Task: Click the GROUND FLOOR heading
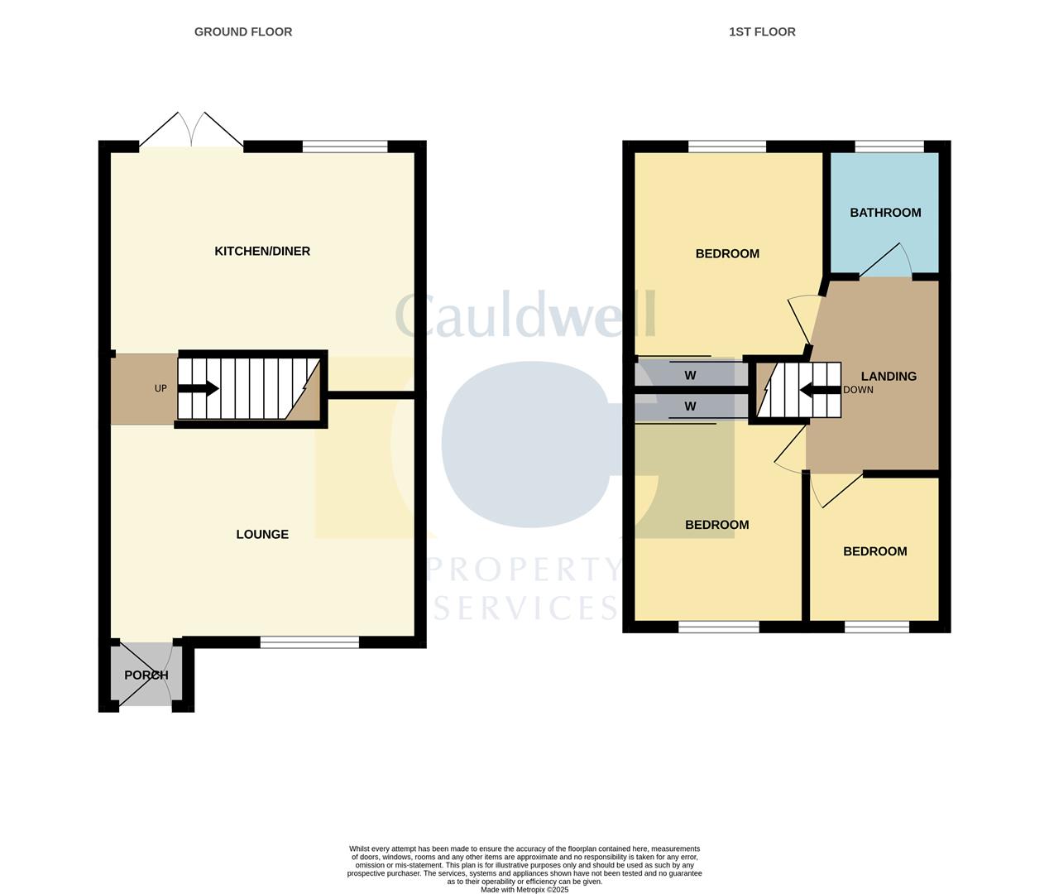(243, 31)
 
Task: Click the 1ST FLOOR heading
(762, 31)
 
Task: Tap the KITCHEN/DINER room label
(262, 251)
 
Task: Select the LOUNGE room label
(262, 534)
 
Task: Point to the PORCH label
(146, 675)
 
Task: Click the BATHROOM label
(885, 213)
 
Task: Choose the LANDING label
(889, 376)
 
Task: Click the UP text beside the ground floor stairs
(160, 388)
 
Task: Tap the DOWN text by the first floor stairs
(858, 390)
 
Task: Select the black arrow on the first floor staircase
(820, 390)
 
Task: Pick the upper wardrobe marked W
(690, 375)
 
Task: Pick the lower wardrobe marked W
(690, 406)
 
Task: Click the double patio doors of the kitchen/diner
(191, 132)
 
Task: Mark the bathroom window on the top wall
(889, 147)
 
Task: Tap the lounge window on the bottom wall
(309, 642)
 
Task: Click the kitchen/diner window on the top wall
(345, 147)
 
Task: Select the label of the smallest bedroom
(874, 551)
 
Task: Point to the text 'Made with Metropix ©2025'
(524, 890)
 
